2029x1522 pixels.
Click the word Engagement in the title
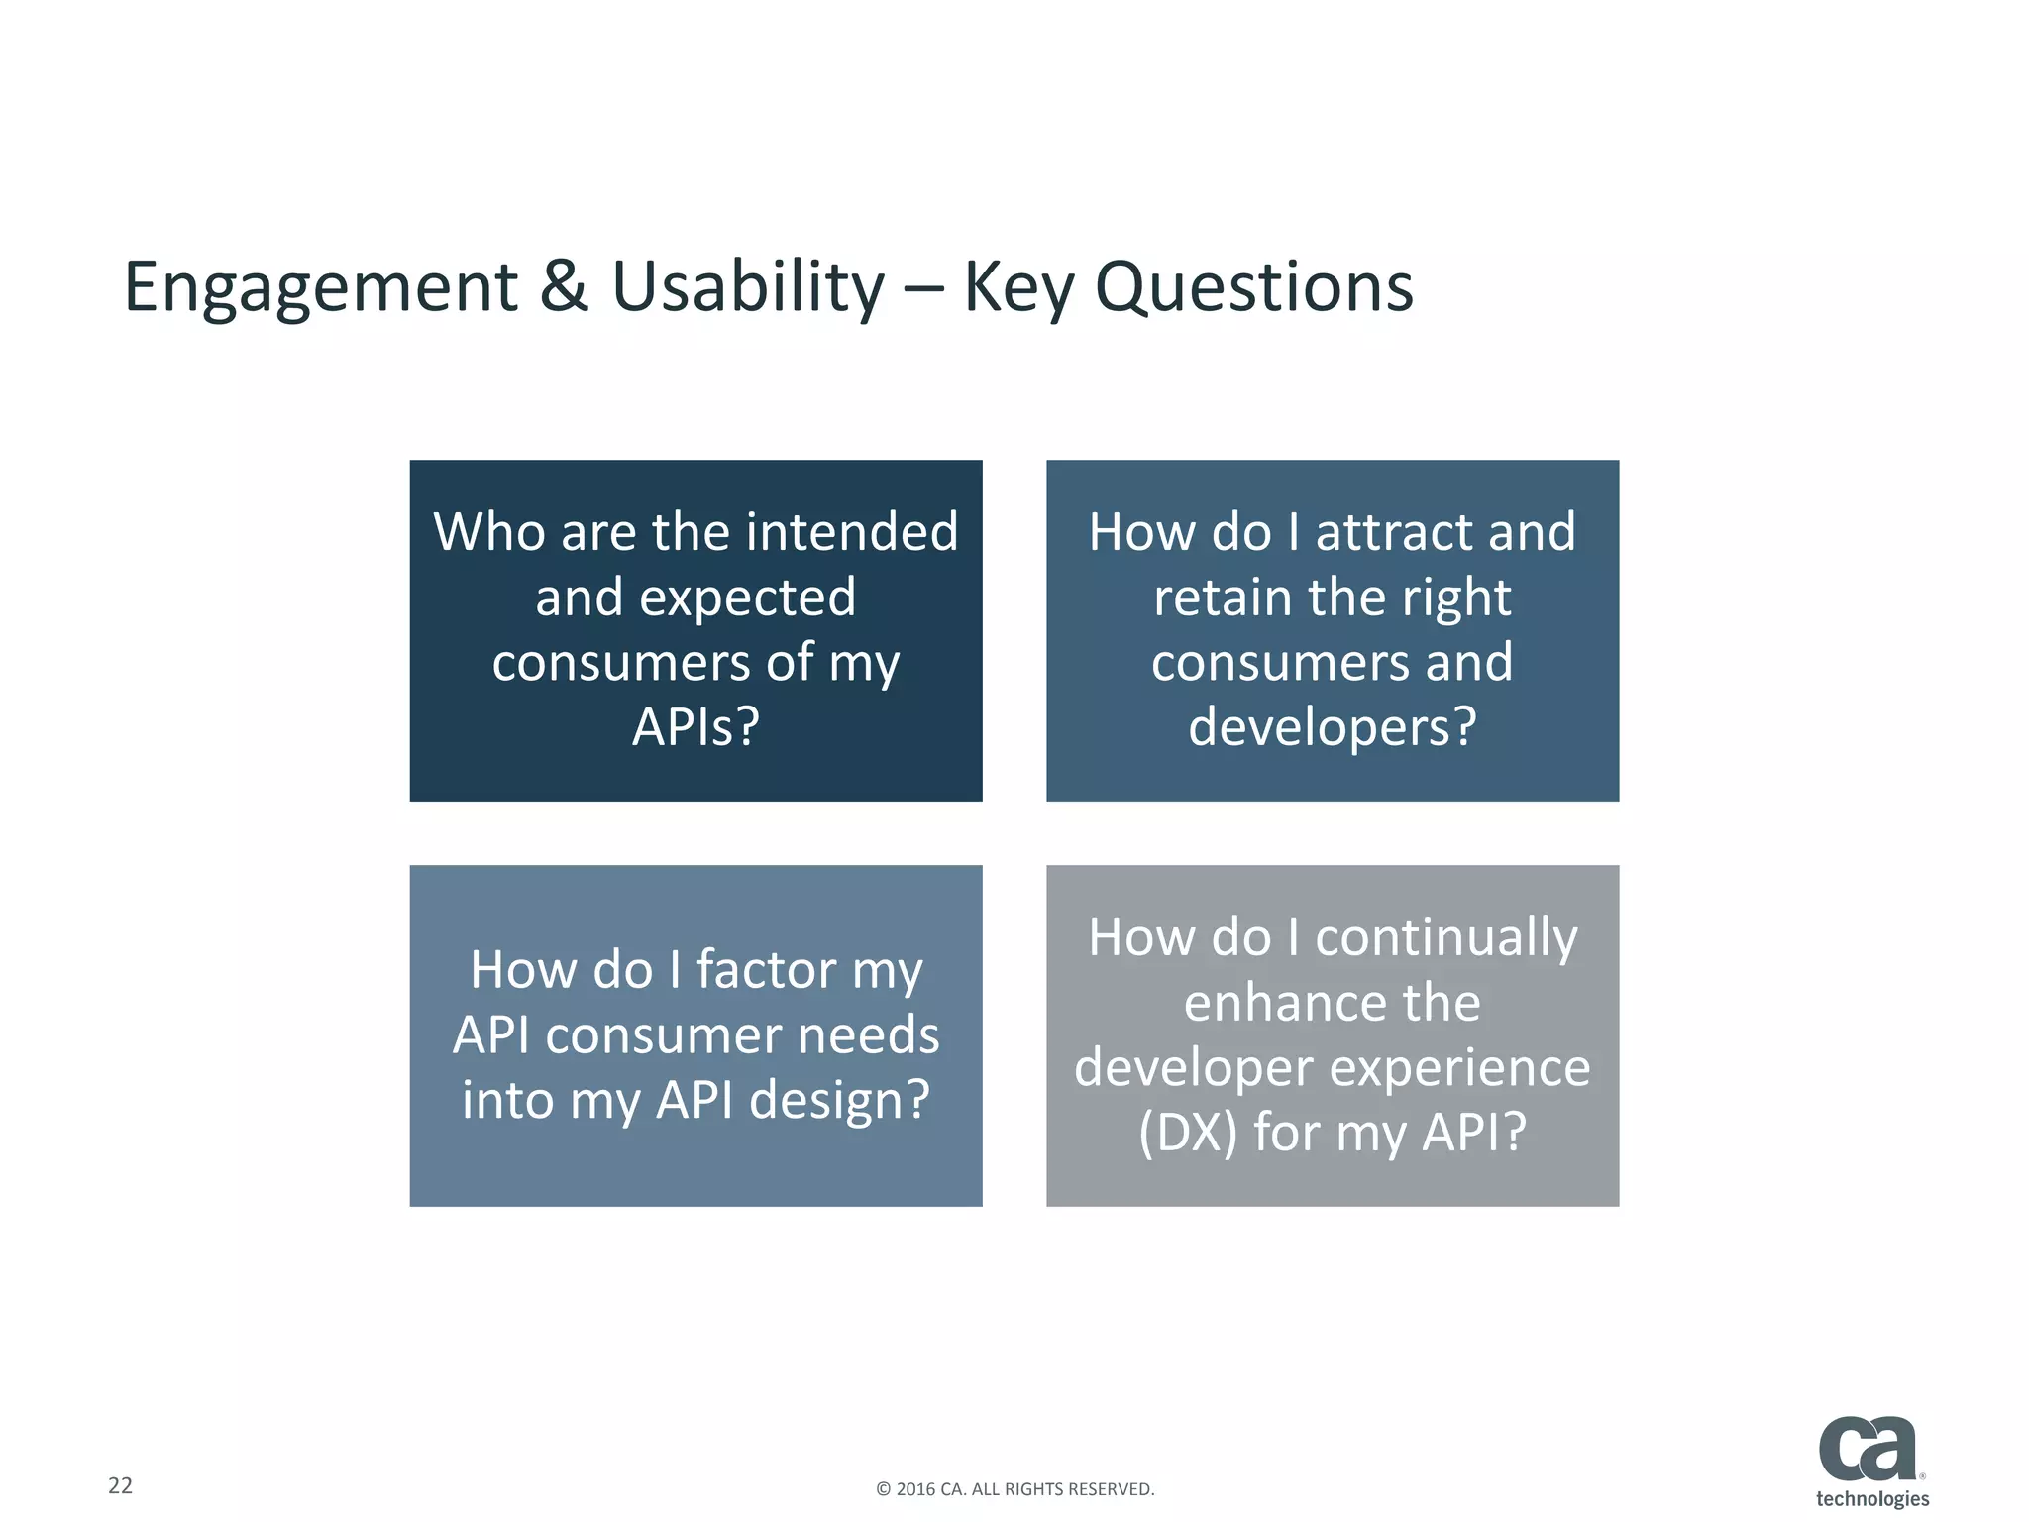coord(320,287)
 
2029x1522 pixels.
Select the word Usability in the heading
coord(748,287)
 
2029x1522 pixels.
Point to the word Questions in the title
coord(1253,287)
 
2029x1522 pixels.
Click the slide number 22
coord(120,1485)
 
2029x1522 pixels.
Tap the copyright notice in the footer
coord(1014,1489)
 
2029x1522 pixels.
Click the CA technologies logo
coord(1870,1462)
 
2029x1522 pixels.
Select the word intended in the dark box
coord(852,532)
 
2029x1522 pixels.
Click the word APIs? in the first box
coord(695,726)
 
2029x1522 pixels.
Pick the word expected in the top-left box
coord(747,598)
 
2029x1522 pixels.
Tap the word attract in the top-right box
coord(1393,532)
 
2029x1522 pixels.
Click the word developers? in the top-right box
coord(1332,726)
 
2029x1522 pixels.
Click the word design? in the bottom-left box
coord(839,1100)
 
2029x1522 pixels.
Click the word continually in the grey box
coord(1445,937)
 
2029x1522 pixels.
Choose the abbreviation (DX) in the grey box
coord(1188,1133)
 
